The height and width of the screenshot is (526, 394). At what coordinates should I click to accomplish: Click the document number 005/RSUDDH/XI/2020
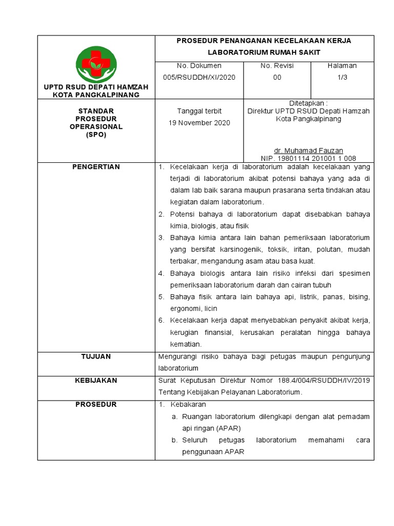coord(199,77)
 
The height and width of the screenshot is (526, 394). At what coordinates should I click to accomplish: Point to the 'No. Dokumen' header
coord(199,66)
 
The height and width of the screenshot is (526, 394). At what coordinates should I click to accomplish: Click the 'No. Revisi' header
coord(277,66)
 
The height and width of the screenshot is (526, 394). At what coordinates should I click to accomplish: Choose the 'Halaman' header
coord(342,66)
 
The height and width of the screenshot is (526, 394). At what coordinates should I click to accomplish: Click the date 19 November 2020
coord(200,123)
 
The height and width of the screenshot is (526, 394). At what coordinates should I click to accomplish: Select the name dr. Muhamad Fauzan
coord(308,151)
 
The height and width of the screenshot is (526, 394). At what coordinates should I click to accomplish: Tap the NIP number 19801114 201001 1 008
coord(308,158)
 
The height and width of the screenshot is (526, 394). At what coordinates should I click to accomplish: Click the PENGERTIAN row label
coord(96,167)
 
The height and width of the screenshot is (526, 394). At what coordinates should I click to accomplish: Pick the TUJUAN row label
coord(96,356)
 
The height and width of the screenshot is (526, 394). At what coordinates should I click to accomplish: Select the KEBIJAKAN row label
coord(96,381)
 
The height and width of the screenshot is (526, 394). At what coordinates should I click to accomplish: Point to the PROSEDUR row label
coord(96,405)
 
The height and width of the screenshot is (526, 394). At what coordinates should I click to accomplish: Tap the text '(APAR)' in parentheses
coord(228,428)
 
